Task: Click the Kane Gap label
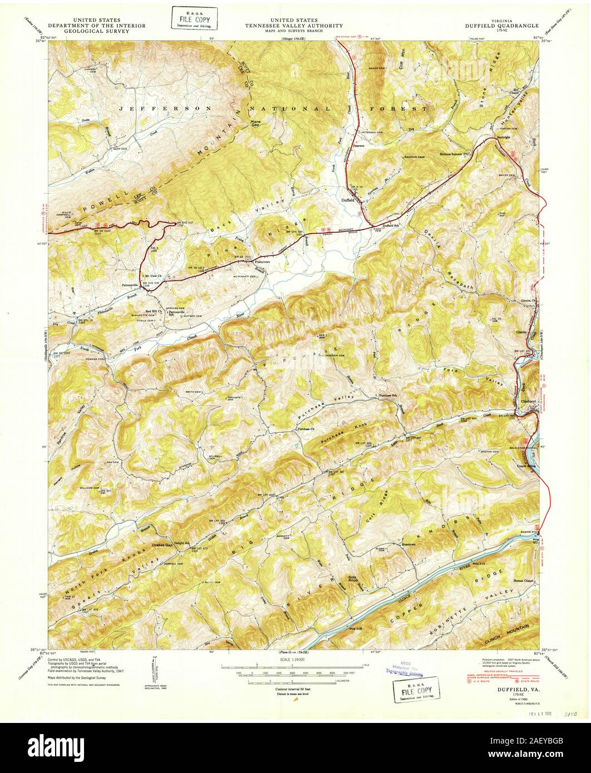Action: [256, 123]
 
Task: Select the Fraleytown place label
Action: [262, 261]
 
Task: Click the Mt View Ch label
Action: [152, 276]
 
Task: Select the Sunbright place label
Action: [503, 136]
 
